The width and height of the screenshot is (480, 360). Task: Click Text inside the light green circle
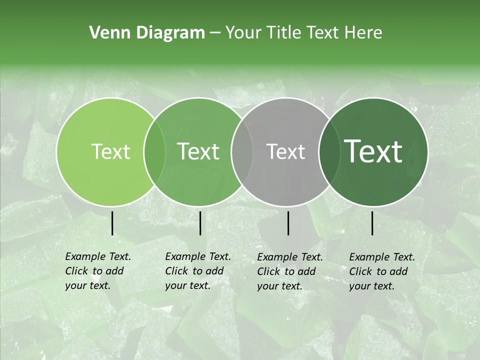tap(110, 151)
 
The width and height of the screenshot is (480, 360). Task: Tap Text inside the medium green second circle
tap(198, 151)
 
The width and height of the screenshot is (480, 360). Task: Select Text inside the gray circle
tap(285, 151)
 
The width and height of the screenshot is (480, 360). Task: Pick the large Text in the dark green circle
tap(373, 151)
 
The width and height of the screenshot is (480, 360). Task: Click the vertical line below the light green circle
tap(112, 223)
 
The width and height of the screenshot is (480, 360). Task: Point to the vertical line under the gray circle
tap(288, 223)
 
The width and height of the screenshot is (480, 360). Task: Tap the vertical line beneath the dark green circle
tap(372, 223)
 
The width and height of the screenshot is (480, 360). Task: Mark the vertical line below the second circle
tap(200, 223)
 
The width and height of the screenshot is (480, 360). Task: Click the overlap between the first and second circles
tap(154, 151)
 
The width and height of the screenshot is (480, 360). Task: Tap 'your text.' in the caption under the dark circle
tap(371, 286)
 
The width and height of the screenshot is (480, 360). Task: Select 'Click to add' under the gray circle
tap(286, 271)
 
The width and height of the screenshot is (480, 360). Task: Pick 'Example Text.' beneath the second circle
tap(198, 256)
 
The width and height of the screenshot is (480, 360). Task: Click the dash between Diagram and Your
tap(215, 33)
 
